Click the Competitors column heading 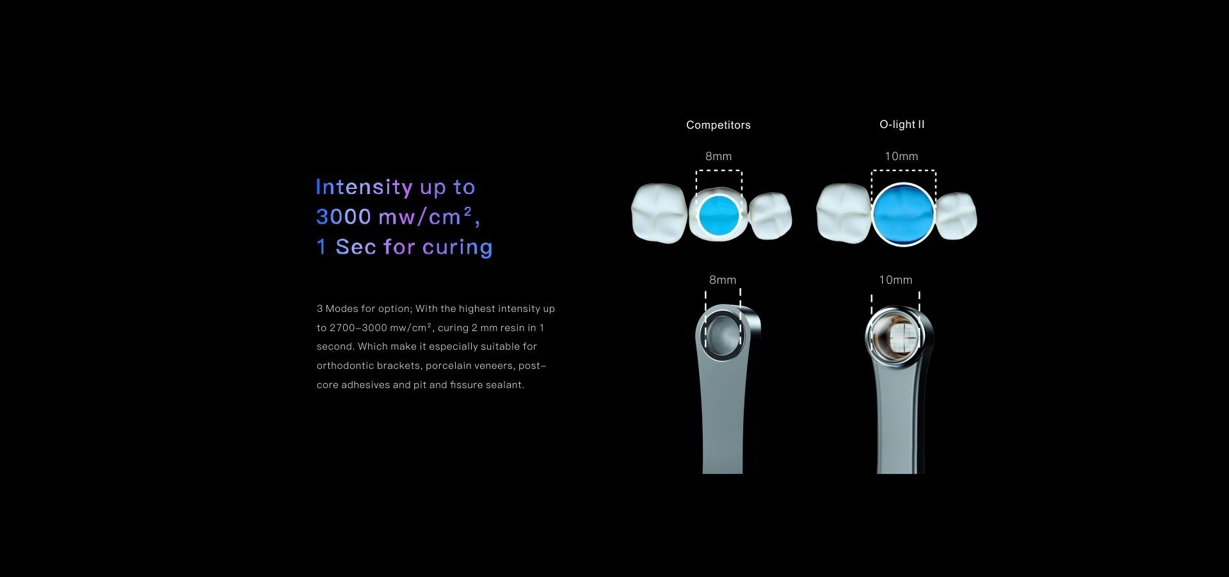click(718, 125)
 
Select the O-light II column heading click(902, 124)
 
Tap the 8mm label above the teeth click(718, 156)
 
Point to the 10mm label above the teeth click(901, 156)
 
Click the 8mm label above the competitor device click(723, 280)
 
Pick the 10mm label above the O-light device click(896, 280)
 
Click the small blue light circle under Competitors click(719, 215)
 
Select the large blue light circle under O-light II click(903, 215)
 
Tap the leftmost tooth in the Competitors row click(659, 213)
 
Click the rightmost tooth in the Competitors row click(770, 215)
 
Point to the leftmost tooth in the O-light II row click(844, 213)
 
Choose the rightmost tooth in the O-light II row click(956, 215)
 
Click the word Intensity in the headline click(364, 187)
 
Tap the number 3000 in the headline click(344, 217)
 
